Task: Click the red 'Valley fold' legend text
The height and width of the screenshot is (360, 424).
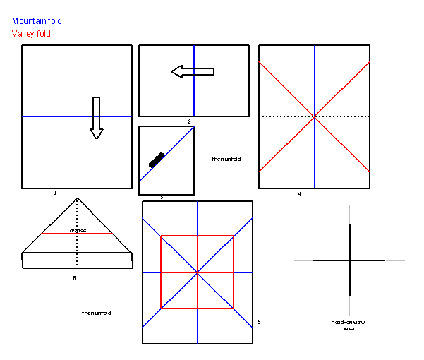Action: click(31, 34)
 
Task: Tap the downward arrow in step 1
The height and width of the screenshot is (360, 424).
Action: click(97, 117)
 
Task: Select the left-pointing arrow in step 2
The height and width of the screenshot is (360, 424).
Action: click(192, 71)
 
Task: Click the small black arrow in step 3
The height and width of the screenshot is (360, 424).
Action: click(157, 160)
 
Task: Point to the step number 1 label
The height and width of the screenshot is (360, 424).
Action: click(55, 192)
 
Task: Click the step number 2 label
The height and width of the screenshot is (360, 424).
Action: click(189, 121)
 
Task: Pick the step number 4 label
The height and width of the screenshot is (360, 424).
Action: click(299, 194)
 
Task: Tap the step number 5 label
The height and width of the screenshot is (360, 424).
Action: click(74, 277)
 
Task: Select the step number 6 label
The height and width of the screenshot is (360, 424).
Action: click(258, 322)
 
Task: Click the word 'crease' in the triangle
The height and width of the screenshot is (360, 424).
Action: click(78, 230)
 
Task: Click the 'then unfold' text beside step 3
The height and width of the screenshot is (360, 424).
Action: click(226, 159)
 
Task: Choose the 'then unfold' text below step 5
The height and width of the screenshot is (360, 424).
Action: click(96, 313)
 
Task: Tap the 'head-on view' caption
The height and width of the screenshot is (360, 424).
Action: click(348, 322)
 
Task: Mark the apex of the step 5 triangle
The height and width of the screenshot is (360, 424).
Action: click(77, 198)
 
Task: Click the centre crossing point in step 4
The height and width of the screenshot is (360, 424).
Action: click(315, 116)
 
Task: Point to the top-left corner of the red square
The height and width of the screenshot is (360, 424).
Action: click(161, 236)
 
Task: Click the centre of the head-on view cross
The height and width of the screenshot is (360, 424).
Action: click(349, 260)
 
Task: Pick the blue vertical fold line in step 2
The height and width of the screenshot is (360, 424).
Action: click(194, 99)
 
